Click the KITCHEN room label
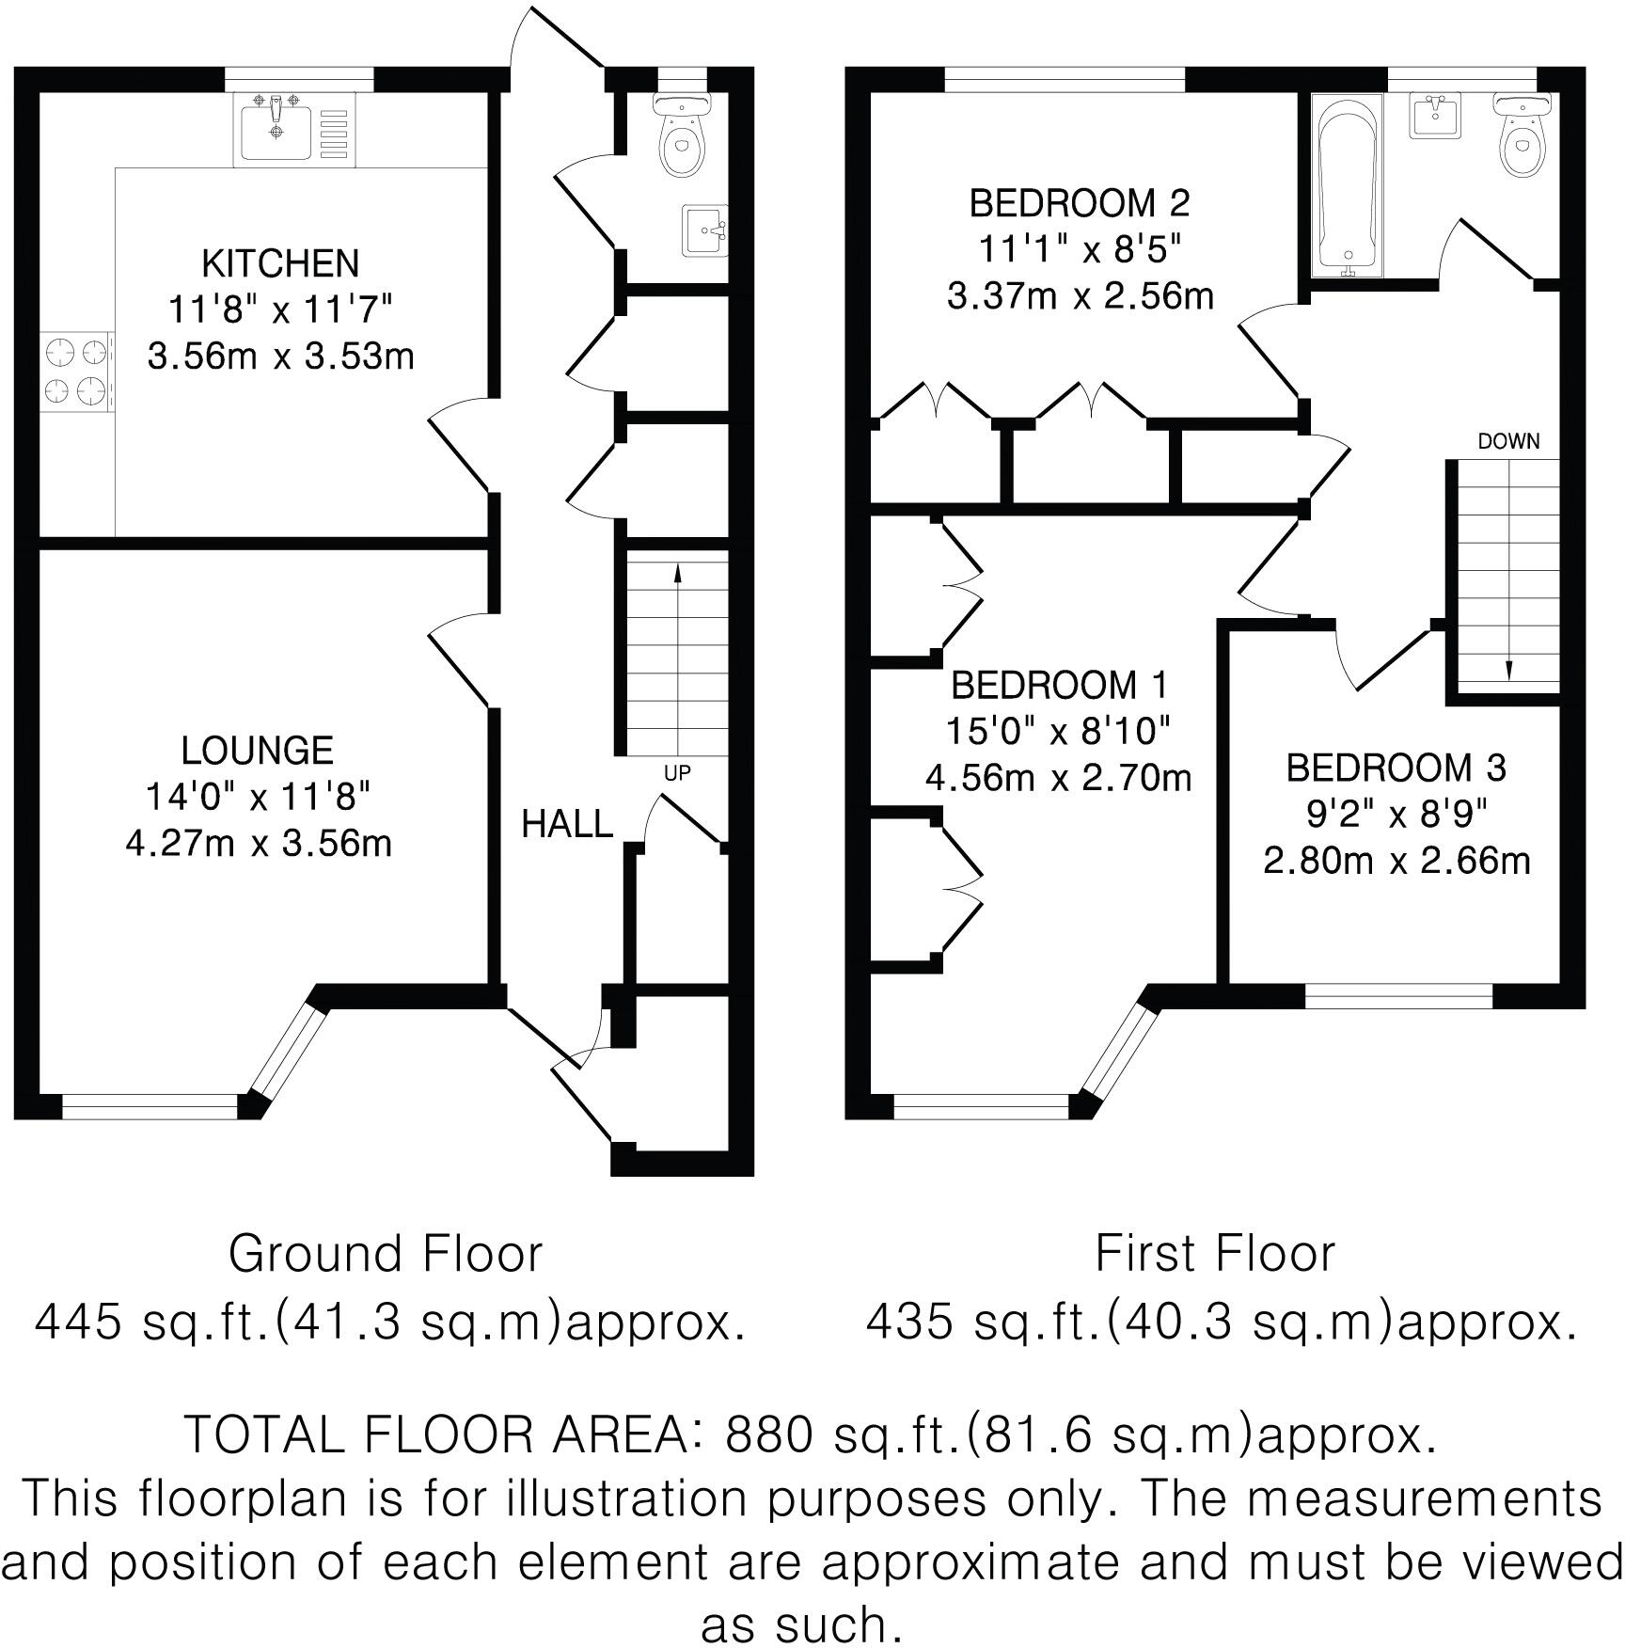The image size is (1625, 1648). click(280, 263)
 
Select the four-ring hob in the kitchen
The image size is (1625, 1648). click(77, 372)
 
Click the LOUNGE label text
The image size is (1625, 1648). click(258, 751)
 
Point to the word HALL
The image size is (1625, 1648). click(566, 825)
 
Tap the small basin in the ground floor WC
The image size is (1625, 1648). click(704, 230)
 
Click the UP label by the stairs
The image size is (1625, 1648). click(677, 773)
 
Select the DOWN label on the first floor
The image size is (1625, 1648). click(1508, 441)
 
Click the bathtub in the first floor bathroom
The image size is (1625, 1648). click(1349, 185)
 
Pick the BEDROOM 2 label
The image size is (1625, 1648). click(1079, 203)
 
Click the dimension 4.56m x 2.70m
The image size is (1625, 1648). click(1058, 778)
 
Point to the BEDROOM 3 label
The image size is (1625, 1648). click(1396, 769)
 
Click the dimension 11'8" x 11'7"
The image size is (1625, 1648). click(280, 309)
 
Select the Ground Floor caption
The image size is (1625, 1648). click(386, 1254)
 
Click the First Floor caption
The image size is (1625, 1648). click(1215, 1254)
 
